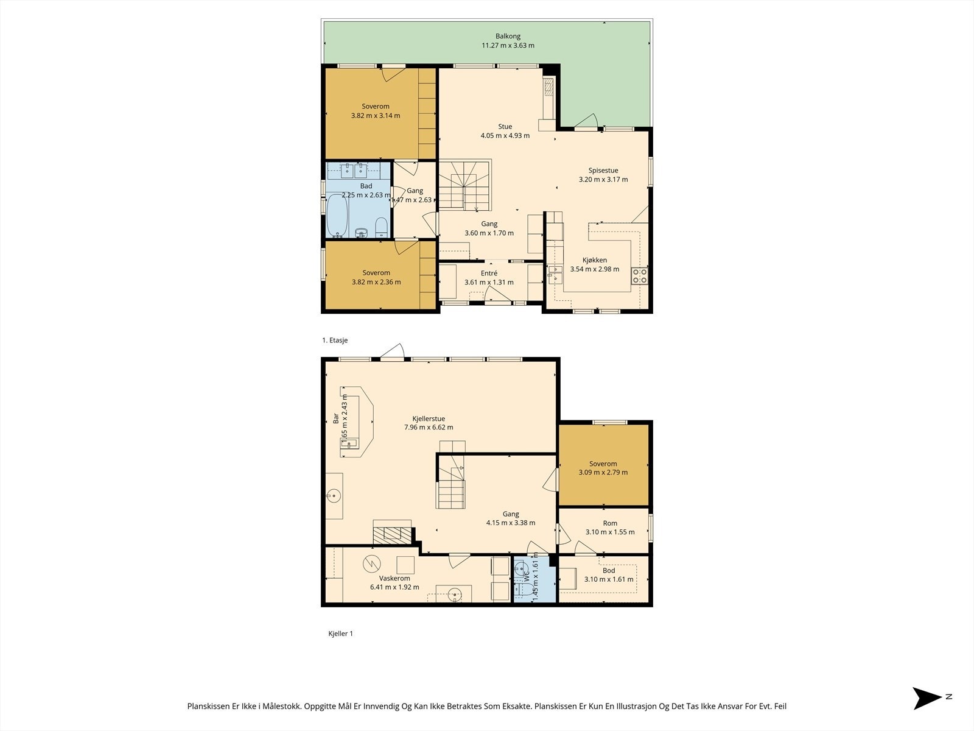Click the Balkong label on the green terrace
(508, 37)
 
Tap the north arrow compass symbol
(927, 698)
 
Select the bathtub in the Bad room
(337, 216)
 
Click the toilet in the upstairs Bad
(382, 228)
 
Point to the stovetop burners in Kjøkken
(639, 275)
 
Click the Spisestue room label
(603, 171)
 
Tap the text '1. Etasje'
(335, 341)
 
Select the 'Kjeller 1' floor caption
(340, 634)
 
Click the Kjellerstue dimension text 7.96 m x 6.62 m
(429, 428)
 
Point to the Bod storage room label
(608, 570)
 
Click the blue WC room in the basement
(534, 579)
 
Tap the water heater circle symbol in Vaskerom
(371, 564)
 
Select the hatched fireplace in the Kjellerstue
(392, 534)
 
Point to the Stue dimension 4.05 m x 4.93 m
(505, 136)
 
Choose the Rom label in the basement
(610, 523)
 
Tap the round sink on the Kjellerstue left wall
(333, 496)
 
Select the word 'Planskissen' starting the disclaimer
(209, 706)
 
